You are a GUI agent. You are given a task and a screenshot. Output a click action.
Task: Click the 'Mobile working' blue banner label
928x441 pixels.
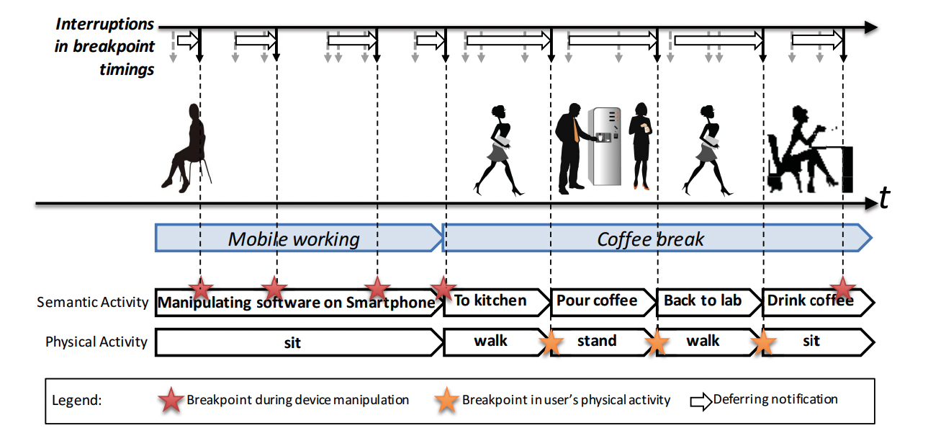(294, 239)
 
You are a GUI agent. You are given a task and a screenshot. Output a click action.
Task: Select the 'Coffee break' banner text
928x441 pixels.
(650, 239)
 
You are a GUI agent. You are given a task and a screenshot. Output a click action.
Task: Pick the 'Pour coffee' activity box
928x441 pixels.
(597, 300)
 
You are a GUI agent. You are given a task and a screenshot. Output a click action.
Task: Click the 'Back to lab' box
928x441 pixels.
(703, 300)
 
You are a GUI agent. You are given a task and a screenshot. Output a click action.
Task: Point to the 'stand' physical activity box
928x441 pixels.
(597, 341)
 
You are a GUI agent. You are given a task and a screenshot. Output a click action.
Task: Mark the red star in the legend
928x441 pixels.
(171, 400)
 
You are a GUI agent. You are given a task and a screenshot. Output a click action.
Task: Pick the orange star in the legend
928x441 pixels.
(446, 400)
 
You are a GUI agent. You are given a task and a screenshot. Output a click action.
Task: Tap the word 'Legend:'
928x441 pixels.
(77, 401)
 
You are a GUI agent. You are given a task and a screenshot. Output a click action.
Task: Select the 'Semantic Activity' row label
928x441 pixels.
(92, 302)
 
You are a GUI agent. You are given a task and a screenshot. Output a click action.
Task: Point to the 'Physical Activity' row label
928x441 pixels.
(96, 342)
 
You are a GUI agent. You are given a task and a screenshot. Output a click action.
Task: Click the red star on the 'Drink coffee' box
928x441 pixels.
(842, 289)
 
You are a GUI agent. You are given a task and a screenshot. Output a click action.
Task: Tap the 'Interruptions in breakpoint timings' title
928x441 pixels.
(105, 47)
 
